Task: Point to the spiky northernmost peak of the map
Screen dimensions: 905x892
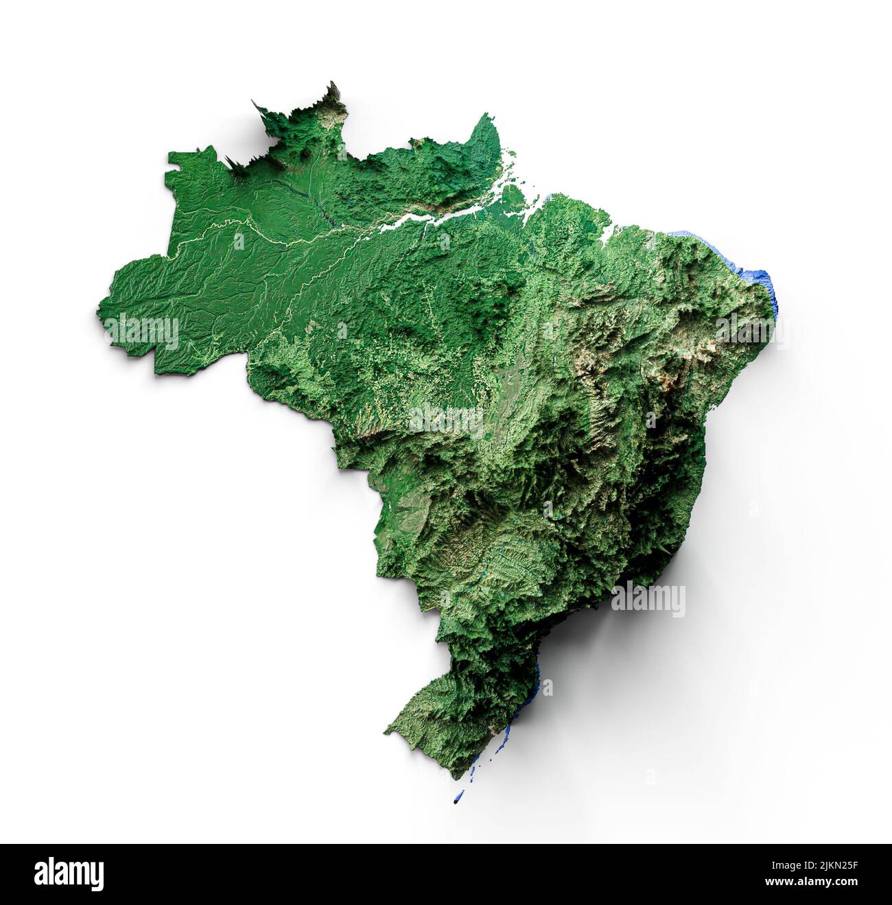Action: point(335,87)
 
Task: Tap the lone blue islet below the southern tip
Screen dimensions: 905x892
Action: point(458,799)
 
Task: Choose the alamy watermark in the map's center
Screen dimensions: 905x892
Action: point(446,421)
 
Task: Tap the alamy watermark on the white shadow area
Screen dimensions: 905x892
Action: point(648,600)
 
